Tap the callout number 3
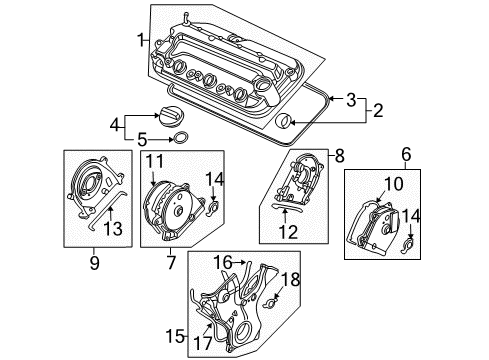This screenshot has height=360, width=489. (x=350, y=99)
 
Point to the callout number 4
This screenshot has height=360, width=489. (x=115, y=125)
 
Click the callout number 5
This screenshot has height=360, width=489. (x=141, y=139)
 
